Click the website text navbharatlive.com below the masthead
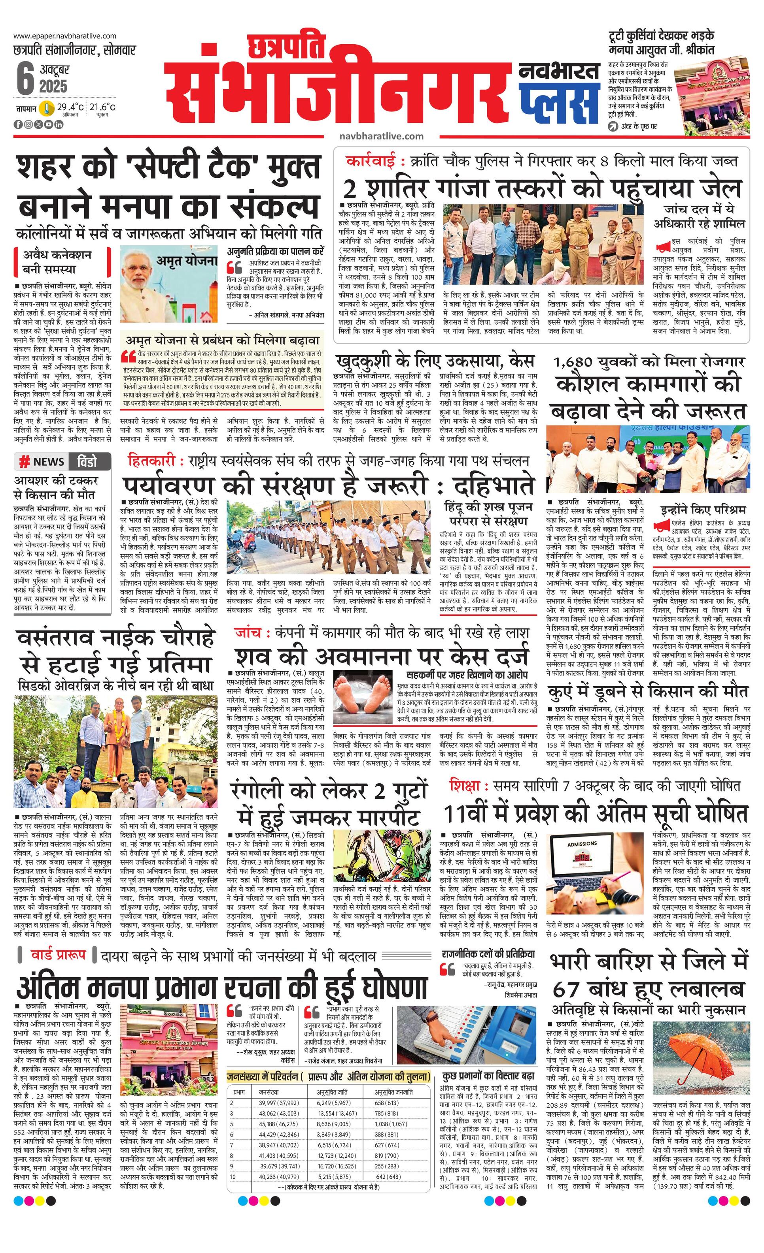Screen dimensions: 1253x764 (381, 136)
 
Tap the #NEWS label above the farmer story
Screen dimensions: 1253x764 (42, 462)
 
